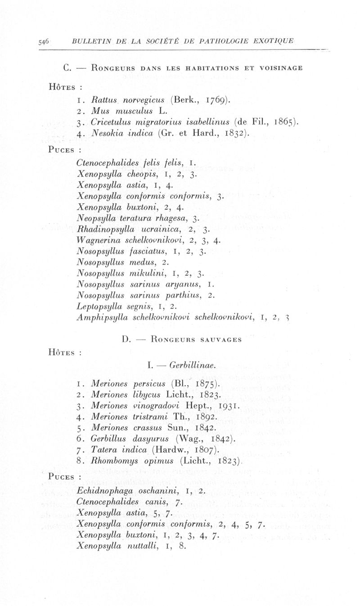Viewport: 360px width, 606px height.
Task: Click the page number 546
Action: pyautogui.click(x=44, y=42)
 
